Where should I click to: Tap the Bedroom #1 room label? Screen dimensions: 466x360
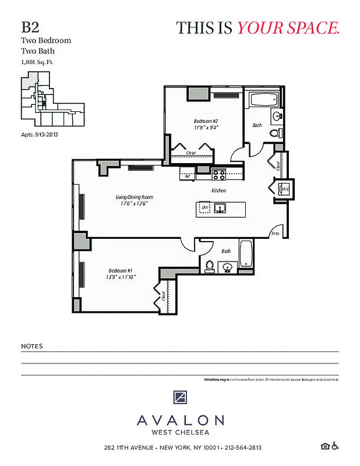(121, 270)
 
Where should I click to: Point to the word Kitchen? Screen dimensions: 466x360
(218, 190)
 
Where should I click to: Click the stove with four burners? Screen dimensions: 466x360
(218, 173)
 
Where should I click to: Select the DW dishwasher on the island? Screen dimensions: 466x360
(204, 207)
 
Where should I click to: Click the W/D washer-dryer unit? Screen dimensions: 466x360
(285, 189)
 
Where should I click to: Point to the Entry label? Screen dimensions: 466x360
(275, 233)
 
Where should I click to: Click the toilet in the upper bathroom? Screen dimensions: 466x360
(275, 133)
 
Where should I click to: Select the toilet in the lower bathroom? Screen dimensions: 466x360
(209, 266)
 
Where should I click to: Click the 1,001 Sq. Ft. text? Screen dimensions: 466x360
(33, 61)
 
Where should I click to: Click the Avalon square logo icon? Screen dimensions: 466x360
(180, 398)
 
